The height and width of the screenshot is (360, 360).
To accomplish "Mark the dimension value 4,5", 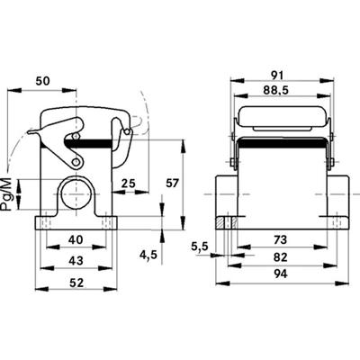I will point(148,255).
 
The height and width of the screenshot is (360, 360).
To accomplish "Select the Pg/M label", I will point(9,193).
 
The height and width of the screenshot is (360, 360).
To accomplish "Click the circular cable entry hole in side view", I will point(75,192).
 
